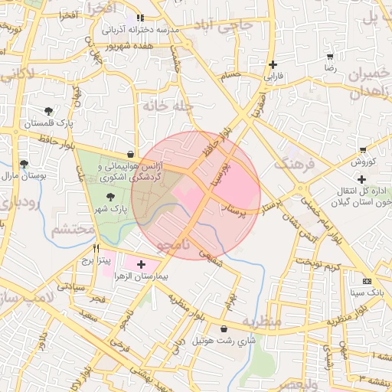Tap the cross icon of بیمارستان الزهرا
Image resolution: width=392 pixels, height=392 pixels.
(140, 264)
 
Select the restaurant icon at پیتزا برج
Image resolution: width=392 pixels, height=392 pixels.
(96, 249)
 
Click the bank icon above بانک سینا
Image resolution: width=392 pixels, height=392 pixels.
(365, 281)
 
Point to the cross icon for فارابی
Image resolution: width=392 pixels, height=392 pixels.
(273, 65)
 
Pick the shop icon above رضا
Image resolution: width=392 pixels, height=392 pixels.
(330, 57)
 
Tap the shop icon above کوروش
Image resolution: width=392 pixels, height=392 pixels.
(362, 150)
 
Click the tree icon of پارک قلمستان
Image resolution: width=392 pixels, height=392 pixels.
(50, 112)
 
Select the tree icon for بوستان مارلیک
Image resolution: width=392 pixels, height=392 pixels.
(24, 164)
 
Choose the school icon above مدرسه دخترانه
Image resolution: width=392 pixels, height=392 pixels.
(139, 18)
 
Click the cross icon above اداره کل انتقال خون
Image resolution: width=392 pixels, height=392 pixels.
(361, 178)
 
